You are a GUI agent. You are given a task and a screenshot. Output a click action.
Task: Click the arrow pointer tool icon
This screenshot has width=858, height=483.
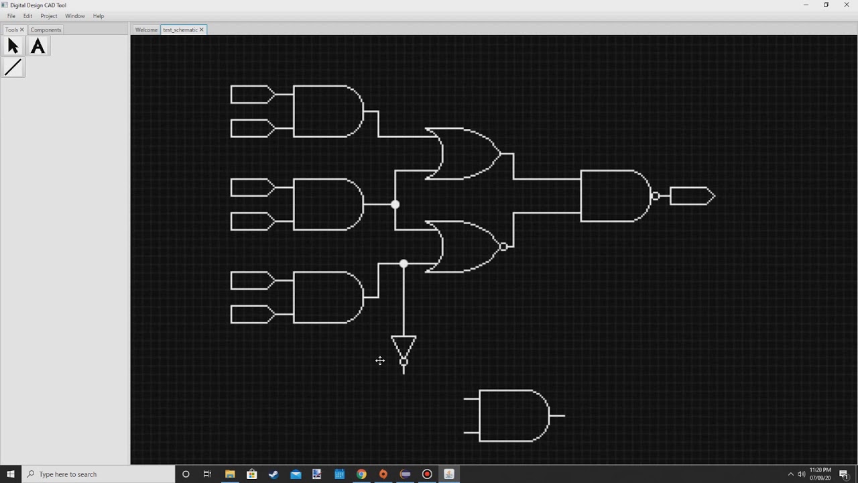click(x=13, y=46)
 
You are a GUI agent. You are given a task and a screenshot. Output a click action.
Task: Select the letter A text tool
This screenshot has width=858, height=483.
click(x=38, y=46)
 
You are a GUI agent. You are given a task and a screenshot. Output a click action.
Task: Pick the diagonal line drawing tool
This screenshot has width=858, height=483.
click(x=13, y=68)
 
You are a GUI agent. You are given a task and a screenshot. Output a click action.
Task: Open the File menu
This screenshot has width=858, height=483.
click(x=11, y=16)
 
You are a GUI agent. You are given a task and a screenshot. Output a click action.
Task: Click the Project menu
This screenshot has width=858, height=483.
click(x=49, y=16)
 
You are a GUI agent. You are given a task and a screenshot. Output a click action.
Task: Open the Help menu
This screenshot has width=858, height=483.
click(x=99, y=16)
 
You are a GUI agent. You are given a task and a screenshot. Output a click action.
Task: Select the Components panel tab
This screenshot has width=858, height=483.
click(x=46, y=30)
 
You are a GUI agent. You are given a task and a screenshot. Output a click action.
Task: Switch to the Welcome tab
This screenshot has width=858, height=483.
click(x=146, y=30)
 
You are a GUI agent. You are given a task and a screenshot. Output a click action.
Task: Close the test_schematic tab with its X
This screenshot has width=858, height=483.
click(x=201, y=30)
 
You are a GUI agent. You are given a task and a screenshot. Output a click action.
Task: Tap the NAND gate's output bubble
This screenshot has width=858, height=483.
click(x=656, y=196)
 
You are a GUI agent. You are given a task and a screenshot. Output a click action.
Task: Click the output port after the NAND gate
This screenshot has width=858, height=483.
click(x=692, y=196)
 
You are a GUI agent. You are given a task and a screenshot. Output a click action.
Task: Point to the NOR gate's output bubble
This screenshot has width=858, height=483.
click(x=503, y=247)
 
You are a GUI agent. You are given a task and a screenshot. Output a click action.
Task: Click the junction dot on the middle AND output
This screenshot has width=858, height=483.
click(x=395, y=205)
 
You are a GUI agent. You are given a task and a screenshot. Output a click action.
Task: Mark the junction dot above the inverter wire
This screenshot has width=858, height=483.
click(x=404, y=264)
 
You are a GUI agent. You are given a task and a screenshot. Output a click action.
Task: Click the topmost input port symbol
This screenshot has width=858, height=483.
click(x=252, y=95)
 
